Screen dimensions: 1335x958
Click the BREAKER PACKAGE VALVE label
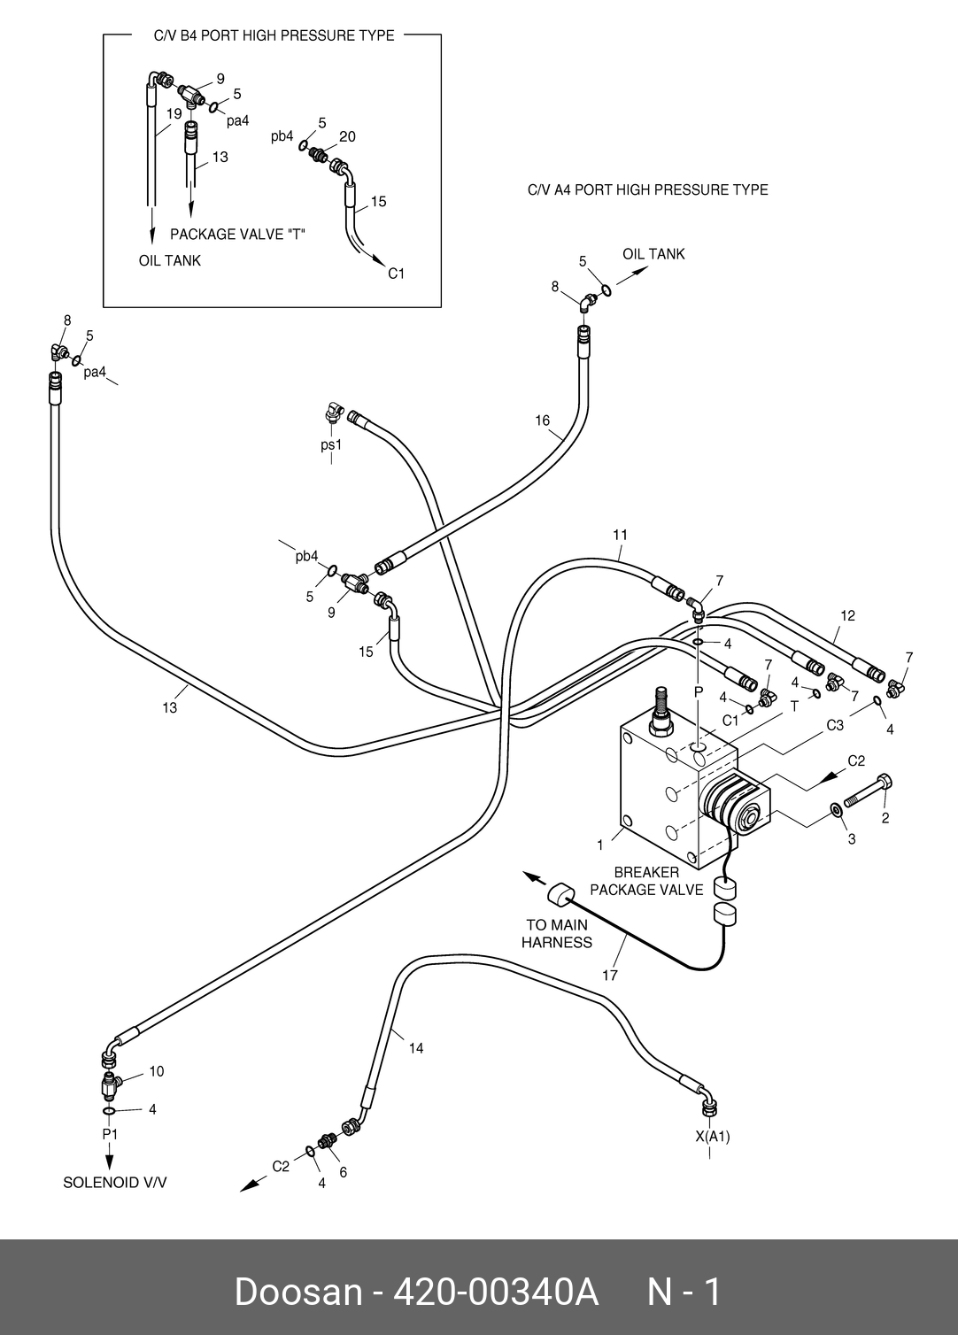(646, 881)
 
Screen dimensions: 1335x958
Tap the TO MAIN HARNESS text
(556, 934)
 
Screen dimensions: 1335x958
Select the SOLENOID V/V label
(114, 1183)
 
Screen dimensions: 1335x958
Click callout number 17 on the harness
(610, 976)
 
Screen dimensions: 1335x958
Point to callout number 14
(415, 1048)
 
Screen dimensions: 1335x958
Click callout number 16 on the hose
(543, 421)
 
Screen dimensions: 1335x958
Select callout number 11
(620, 535)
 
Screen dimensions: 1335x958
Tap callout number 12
(847, 616)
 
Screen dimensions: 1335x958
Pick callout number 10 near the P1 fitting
(156, 1071)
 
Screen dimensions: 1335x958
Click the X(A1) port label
(712, 1137)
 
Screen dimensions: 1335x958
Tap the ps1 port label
(331, 445)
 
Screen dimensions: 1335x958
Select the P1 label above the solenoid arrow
(110, 1134)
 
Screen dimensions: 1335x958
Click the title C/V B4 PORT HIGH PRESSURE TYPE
(274, 36)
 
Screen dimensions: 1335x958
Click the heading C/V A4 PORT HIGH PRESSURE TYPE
(647, 189)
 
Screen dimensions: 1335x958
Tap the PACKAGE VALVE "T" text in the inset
(237, 235)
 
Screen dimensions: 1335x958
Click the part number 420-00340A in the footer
(495, 1292)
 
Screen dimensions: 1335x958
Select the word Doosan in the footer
(297, 1292)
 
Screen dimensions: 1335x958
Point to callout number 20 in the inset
(347, 136)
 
